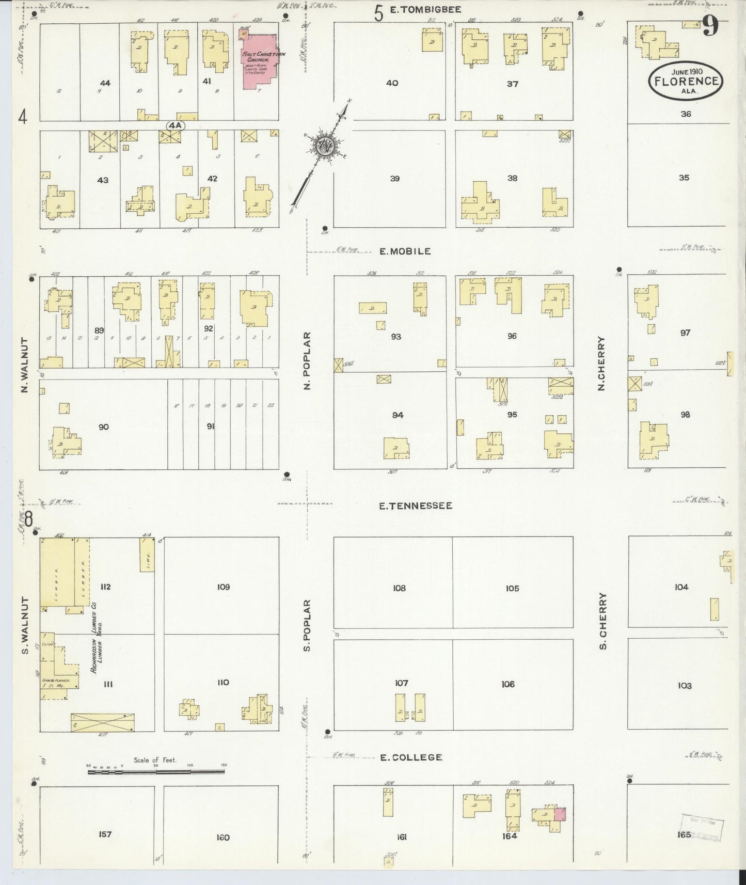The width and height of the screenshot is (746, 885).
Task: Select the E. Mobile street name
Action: [405, 251]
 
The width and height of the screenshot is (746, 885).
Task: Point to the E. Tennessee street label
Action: [415, 506]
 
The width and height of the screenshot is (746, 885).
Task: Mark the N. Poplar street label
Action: [307, 361]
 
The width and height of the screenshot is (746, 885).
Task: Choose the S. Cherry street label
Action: [602, 621]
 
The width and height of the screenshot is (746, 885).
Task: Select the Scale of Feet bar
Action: [156, 772]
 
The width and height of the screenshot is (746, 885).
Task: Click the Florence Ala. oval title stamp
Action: [686, 81]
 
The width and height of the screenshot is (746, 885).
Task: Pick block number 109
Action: [223, 587]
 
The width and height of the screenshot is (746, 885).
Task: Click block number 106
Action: [507, 684]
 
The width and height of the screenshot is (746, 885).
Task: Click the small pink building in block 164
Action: [560, 814]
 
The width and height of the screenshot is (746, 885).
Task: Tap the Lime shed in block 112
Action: [147, 555]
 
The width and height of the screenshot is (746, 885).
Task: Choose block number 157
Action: [105, 834]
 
